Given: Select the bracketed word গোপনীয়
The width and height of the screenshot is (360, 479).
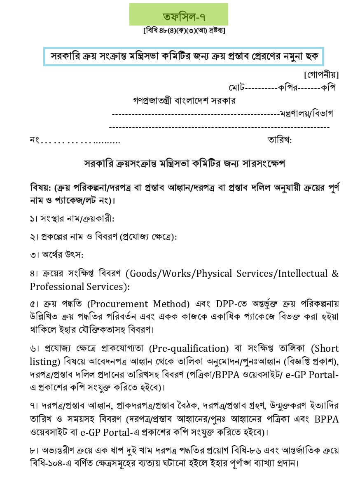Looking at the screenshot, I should click(x=321, y=75).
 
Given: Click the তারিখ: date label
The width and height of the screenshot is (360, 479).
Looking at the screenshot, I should click(x=280, y=140).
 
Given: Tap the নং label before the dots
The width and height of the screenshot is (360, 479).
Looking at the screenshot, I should click(x=34, y=140).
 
